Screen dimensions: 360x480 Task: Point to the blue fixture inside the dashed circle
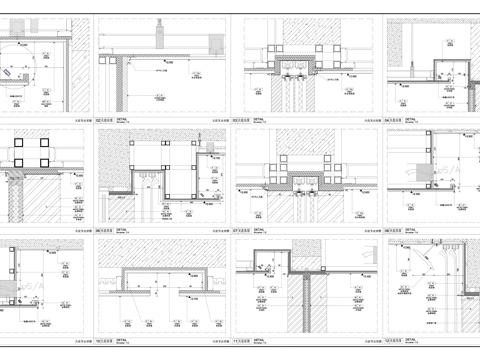pyautogui.click(x=13, y=73)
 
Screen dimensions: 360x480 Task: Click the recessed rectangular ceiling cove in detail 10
pyautogui.click(x=149, y=281)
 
